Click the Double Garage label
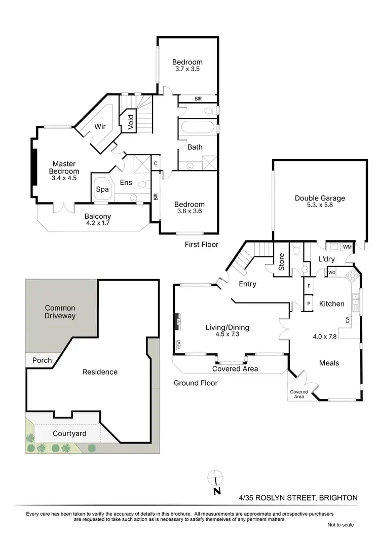pyautogui.click(x=320, y=198)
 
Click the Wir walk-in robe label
pyautogui.click(x=100, y=127)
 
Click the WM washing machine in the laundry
pyautogui.click(x=347, y=247)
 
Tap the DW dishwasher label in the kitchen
pyautogui.click(x=348, y=320)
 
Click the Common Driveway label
pyautogui.click(x=60, y=312)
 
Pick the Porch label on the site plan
pyautogui.click(x=42, y=360)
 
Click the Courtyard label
pyautogui.click(x=69, y=433)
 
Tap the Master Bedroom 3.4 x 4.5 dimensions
pyautogui.click(x=64, y=178)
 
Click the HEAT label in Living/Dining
pyautogui.click(x=179, y=344)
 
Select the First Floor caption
pyautogui.click(x=202, y=245)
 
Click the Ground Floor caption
pyautogui.click(x=196, y=383)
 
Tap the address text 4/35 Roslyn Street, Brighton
pyautogui.click(x=298, y=498)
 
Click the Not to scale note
pyautogui.click(x=340, y=525)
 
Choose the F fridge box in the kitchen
pyautogui.click(x=309, y=286)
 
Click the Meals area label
pyautogui.click(x=329, y=363)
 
